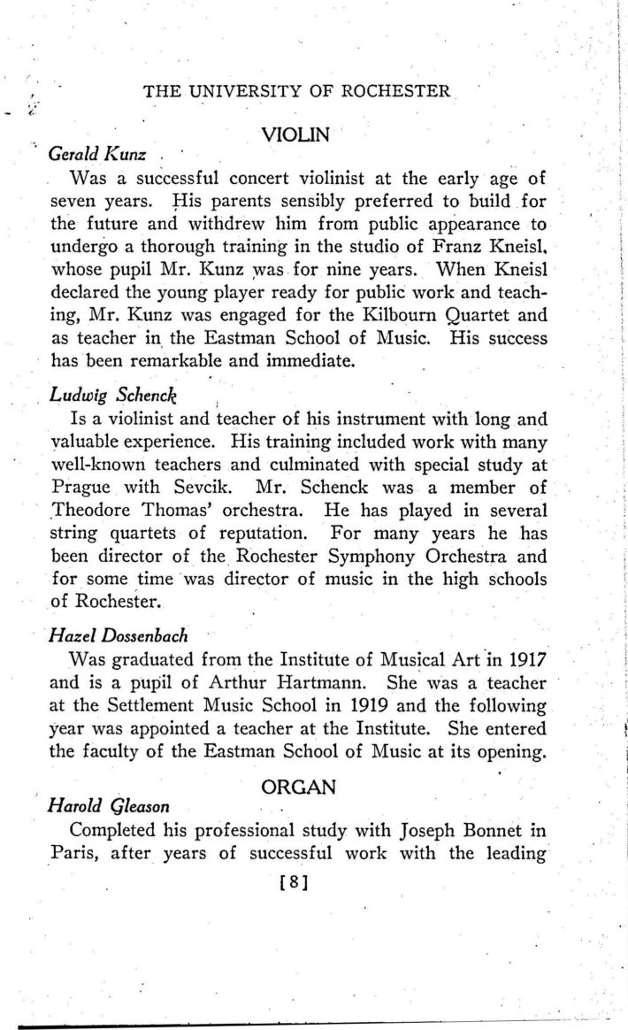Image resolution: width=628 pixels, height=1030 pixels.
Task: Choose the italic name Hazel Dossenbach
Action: click(x=112, y=635)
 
